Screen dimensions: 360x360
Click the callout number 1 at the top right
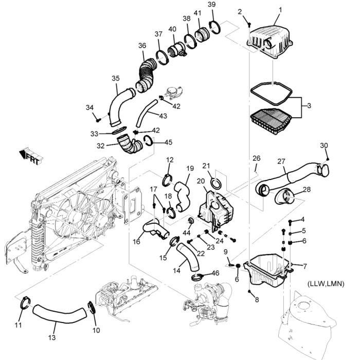coord(280,9)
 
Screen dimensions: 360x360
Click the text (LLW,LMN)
coord(326,284)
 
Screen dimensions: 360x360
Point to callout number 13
coord(51,337)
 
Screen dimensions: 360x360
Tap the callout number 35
coord(116,78)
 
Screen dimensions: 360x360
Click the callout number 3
coord(309,105)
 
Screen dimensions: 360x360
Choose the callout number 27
coord(281,161)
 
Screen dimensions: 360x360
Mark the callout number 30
coord(324,145)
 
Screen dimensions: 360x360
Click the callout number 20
coord(200,181)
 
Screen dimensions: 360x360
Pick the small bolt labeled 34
coord(97,119)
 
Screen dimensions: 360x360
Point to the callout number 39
coord(211,5)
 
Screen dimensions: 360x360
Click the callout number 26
coord(257,157)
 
